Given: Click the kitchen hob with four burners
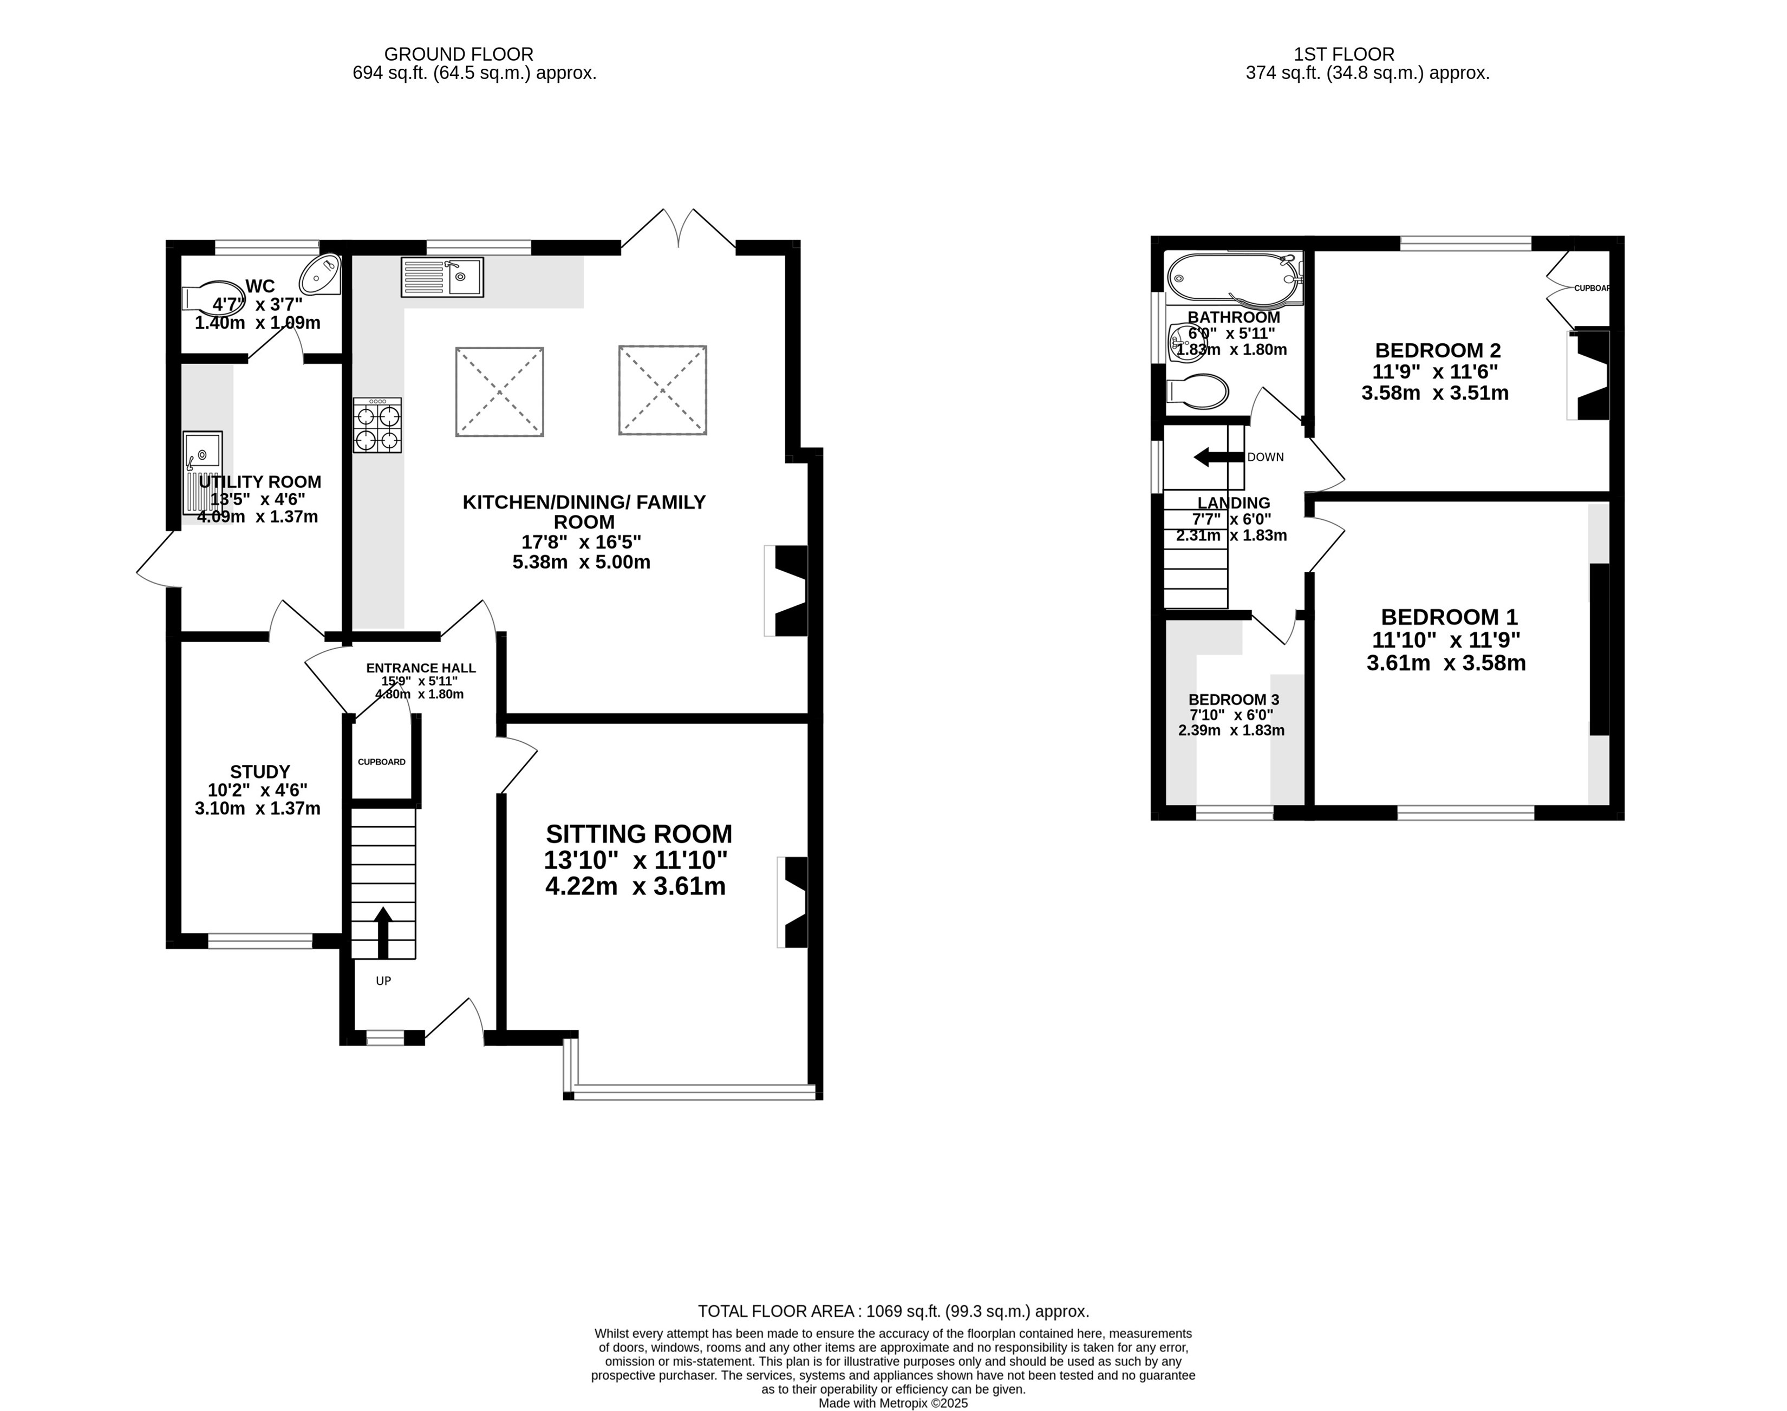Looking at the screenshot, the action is click(377, 424).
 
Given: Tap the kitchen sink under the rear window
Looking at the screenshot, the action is click(442, 277).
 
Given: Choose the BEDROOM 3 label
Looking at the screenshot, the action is click(1234, 700).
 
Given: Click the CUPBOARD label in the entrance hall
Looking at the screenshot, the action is click(382, 762).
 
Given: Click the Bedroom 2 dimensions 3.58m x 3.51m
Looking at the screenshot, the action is click(1435, 393).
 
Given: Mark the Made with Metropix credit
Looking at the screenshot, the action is click(893, 1403).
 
